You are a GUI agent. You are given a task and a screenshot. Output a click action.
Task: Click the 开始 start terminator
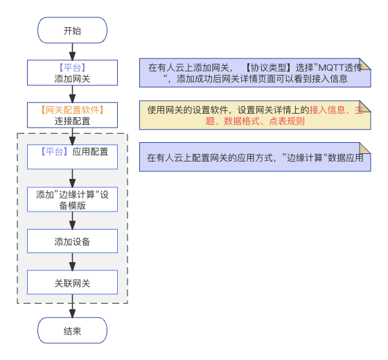pos(72,31)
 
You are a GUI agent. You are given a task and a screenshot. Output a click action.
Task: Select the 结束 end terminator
pos(72,330)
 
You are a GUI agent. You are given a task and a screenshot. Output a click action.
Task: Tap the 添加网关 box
pos(72,73)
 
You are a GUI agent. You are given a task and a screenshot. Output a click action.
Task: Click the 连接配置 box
pos(72,115)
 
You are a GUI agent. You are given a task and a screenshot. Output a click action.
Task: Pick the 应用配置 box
pos(72,157)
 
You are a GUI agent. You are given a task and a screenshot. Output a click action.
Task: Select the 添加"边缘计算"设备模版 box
pos(72,200)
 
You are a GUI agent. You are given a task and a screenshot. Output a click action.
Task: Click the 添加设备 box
pos(72,241)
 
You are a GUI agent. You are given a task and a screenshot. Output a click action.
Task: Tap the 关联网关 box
pos(72,282)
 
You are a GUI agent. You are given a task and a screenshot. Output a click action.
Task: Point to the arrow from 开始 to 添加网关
pos(72,52)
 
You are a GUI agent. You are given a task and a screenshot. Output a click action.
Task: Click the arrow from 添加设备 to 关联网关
pos(72,262)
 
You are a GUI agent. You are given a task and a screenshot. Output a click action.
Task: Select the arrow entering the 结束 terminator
pos(72,306)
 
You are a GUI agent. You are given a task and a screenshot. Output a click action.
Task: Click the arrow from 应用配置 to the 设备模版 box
pos(72,178)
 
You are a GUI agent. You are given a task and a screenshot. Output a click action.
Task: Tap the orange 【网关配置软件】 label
pos(72,110)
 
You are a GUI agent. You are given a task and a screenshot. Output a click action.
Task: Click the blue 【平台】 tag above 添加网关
pos(72,67)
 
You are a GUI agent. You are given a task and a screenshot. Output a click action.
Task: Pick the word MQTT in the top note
pos(331,68)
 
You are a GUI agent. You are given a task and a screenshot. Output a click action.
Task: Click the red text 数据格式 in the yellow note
pos(242,121)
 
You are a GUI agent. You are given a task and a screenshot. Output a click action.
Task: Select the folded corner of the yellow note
pos(364,106)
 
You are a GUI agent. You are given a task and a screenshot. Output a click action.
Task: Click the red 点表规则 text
pos(287,121)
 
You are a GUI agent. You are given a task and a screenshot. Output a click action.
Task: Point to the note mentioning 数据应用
pos(255,157)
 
